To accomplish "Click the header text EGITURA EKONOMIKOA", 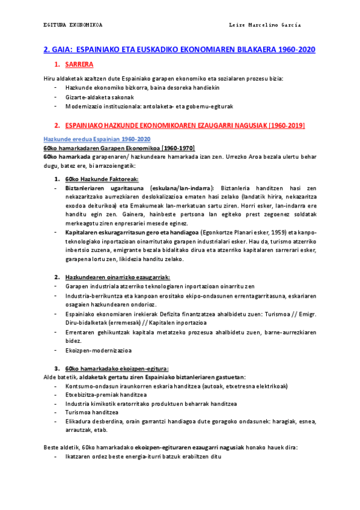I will click(73, 25).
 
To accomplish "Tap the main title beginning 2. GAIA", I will click(180, 50).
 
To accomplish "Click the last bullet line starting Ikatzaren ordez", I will click(143, 456).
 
